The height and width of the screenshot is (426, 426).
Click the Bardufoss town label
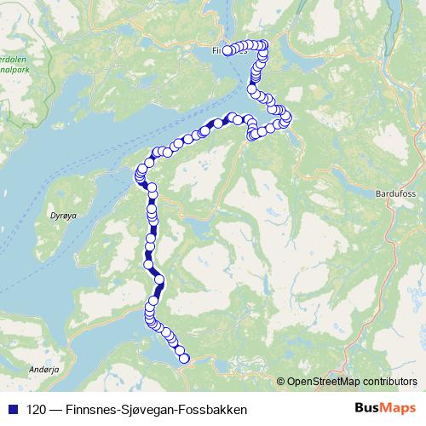394,194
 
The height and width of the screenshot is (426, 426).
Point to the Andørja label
42,370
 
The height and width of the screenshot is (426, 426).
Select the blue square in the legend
12,410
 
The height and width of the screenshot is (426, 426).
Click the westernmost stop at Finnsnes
227,51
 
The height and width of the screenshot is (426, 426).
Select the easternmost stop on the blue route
287,117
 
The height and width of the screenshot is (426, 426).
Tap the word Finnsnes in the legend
89,410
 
